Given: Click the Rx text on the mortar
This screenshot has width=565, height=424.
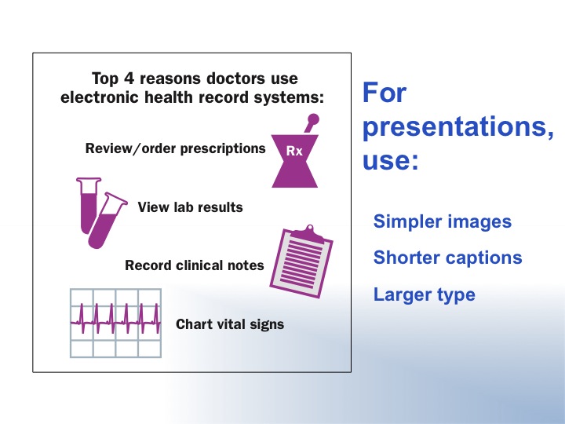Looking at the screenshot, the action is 294,151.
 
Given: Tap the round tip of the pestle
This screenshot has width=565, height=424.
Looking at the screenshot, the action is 313,119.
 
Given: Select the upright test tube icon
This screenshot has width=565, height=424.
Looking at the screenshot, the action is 88,205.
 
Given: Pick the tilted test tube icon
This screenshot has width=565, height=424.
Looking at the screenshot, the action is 107,221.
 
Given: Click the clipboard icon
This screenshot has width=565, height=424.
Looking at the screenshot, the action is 301,261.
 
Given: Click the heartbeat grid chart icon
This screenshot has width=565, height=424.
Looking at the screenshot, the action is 115,323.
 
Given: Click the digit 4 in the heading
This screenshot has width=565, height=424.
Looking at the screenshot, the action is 129,79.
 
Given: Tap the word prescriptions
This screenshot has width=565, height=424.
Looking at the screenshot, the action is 223,148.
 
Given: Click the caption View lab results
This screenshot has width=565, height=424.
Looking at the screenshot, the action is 190,207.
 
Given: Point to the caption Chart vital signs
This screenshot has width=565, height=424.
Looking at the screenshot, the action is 230,324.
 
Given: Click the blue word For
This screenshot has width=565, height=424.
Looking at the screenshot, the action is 384,93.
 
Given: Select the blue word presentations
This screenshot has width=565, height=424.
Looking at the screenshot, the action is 458,127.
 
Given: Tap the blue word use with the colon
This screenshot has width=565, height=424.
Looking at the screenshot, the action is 390,159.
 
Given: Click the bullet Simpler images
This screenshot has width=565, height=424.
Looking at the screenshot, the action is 442,221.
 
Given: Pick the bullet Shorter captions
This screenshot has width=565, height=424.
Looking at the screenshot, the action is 447,258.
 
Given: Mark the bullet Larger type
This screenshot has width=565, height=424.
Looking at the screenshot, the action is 424,295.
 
